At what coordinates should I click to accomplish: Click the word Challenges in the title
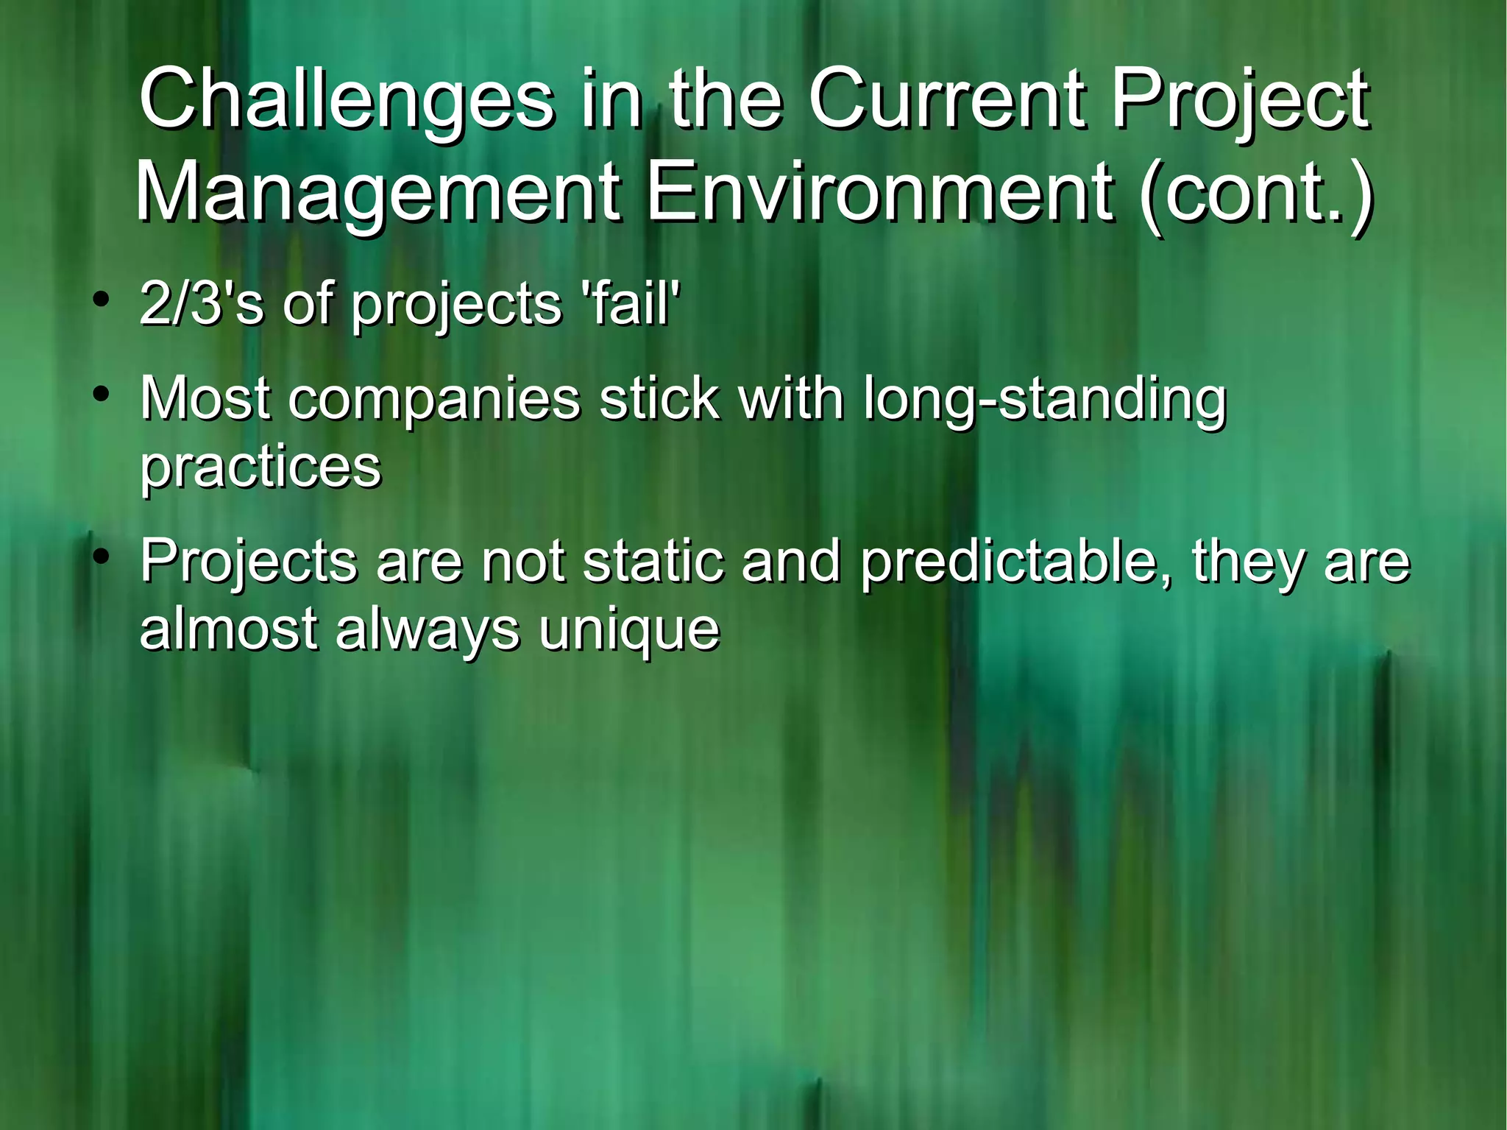[x=346, y=99]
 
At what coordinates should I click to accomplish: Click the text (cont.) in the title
[x=1255, y=193]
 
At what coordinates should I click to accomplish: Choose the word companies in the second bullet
[x=434, y=400]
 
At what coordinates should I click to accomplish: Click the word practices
[x=260, y=467]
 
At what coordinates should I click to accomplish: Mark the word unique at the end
[x=629, y=631]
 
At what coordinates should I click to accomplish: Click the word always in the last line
[x=428, y=631]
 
